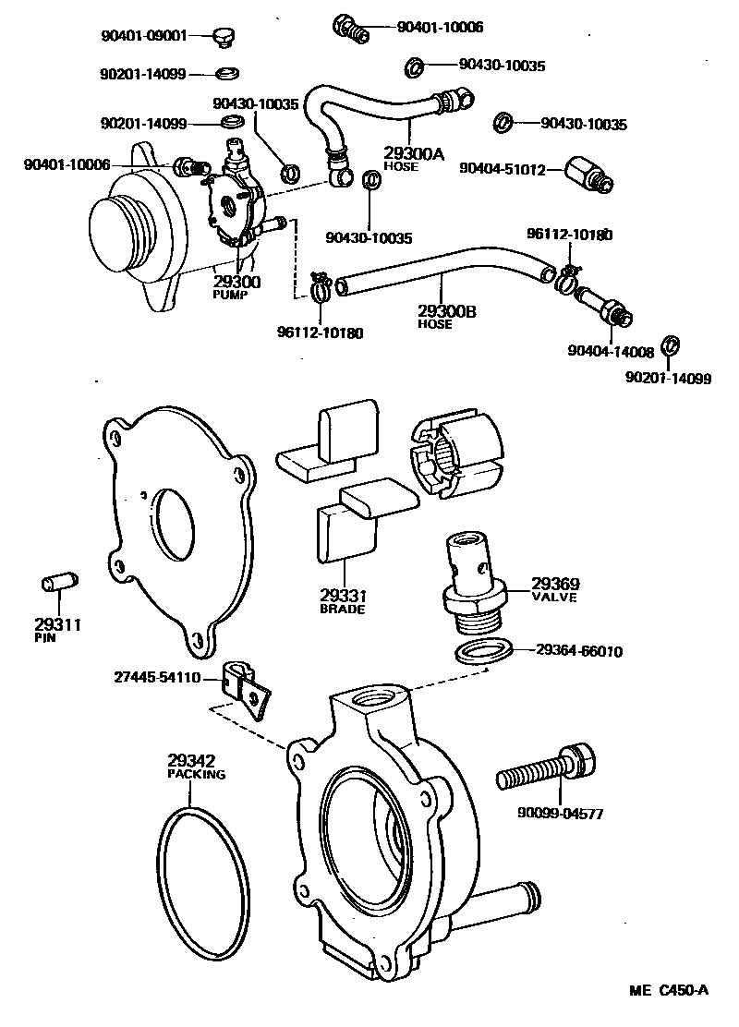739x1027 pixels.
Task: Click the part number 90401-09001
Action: (144, 36)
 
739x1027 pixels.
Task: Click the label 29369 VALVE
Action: (554, 590)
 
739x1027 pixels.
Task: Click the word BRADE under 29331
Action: (342, 610)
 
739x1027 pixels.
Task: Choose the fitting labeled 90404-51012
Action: (588, 172)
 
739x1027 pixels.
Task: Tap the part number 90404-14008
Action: (611, 351)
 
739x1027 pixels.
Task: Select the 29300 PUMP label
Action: (236, 287)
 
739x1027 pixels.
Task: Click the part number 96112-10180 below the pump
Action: (320, 332)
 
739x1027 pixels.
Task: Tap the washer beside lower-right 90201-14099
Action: (673, 345)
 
